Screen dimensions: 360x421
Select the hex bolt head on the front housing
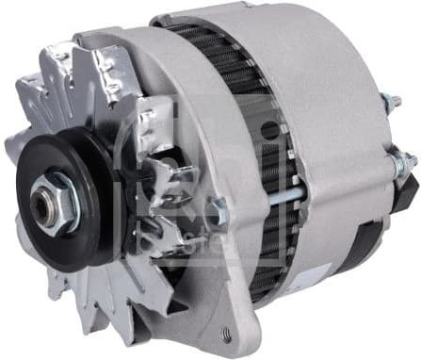218,210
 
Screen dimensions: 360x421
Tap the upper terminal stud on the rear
387,104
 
